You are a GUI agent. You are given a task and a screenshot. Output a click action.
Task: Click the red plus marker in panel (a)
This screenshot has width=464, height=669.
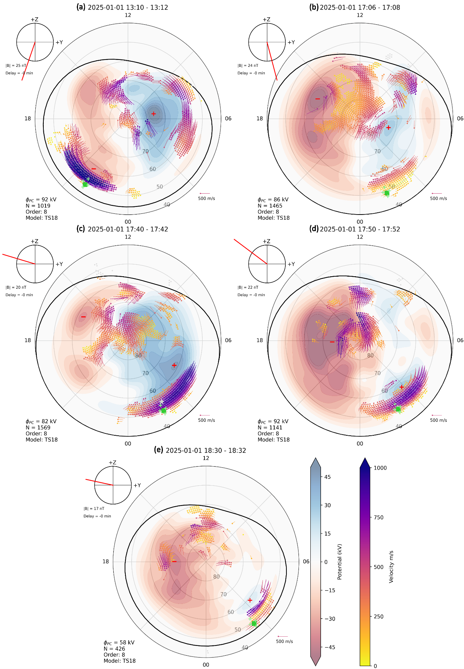pyautogui.click(x=153, y=114)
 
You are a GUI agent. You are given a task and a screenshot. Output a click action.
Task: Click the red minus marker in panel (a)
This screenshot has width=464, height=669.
pyautogui.click(x=94, y=169)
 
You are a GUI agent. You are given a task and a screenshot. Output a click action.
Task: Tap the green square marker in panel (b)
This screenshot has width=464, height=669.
pyautogui.click(x=386, y=193)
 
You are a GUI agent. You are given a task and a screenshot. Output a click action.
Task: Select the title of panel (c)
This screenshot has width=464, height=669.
pyautogui.click(x=122, y=229)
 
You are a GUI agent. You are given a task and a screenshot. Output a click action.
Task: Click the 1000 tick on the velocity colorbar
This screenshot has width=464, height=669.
pyautogui.click(x=380, y=468)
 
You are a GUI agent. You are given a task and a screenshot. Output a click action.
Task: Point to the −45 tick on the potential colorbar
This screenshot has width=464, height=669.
pyautogui.click(x=329, y=647)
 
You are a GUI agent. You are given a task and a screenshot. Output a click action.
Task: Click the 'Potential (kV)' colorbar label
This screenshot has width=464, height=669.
pyautogui.click(x=339, y=562)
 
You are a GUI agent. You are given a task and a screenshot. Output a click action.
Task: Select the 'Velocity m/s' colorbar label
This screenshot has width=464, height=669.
pyautogui.click(x=391, y=567)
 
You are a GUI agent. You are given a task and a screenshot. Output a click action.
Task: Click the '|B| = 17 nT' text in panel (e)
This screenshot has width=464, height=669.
pyautogui.click(x=94, y=509)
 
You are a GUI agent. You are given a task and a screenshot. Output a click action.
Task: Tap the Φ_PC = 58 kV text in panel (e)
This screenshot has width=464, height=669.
pyautogui.click(x=119, y=643)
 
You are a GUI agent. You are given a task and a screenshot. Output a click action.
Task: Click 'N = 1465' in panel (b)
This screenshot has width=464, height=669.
pyautogui.click(x=270, y=206)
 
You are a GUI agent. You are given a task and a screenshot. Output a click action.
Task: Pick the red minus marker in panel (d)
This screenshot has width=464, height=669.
pyautogui.click(x=332, y=342)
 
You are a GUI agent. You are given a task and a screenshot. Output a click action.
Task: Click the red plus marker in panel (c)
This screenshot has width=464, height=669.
pyautogui.click(x=174, y=365)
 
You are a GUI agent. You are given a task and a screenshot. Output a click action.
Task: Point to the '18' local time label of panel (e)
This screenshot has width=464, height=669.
pyautogui.click(x=106, y=561)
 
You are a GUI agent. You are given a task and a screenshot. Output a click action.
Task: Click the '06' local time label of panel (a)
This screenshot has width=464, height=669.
pyautogui.click(x=228, y=118)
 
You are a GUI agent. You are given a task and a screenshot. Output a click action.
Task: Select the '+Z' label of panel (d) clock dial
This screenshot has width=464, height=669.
pyautogui.click(x=267, y=241)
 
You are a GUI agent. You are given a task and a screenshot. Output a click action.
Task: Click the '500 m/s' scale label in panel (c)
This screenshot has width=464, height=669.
pyautogui.click(x=207, y=420)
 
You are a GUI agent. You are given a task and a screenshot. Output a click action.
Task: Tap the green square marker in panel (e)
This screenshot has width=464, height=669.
pyautogui.click(x=254, y=623)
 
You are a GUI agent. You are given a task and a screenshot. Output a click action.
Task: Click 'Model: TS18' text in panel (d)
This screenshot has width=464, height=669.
pyautogui.click(x=274, y=439)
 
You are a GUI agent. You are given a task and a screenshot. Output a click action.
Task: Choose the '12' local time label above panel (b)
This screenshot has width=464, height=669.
pyautogui.click(x=360, y=15)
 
